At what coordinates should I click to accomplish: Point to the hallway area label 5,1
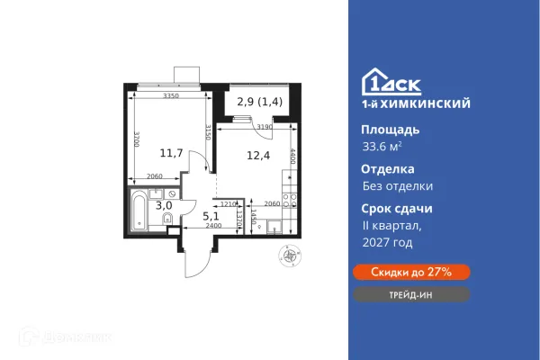(211, 215)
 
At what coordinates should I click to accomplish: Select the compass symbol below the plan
(289, 256)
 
